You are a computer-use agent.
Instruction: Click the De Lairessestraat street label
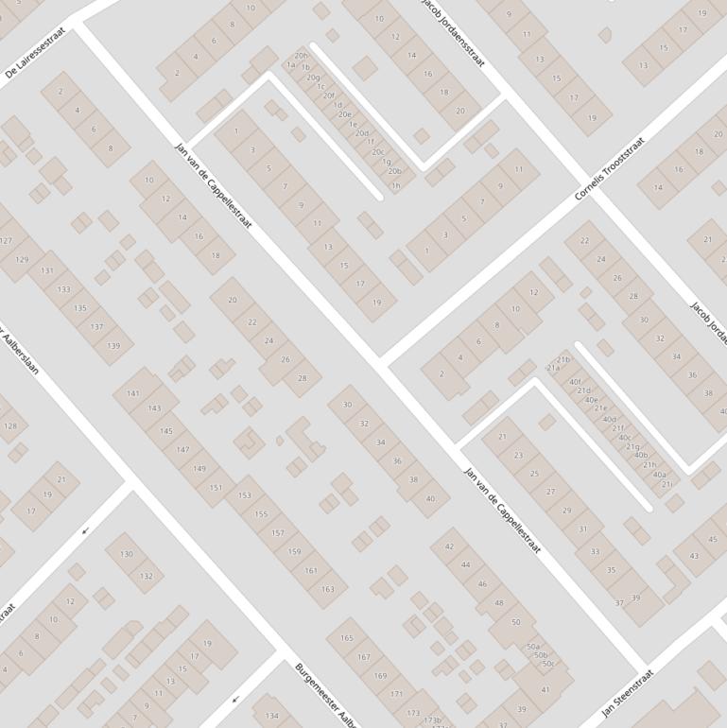pyautogui.click(x=36, y=56)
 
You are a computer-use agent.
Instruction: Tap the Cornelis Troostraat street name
pyautogui.click(x=610, y=169)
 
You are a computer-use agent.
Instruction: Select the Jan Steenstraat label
pyautogui.click(x=628, y=693)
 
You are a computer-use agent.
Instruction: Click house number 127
pyautogui.click(x=6, y=240)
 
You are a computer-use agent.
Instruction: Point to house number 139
pyautogui.click(x=113, y=346)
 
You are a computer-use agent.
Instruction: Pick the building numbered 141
pyautogui.click(x=133, y=393)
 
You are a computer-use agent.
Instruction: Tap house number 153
pyautogui.click(x=245, y=495)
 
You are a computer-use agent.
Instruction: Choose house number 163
pyautogui.click(x=327, y=589)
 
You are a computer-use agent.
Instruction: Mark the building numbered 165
pyautogui.click(x=347, y=638)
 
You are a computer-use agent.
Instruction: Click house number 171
pyautogui.click(x=396, y=694)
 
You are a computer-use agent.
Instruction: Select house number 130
pyautogui.click(x=127, y=554)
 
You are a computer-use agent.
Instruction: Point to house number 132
pyautogui.click(x=146, y=576)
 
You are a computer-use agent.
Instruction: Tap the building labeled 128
pyautogui.click(x=9, y=426)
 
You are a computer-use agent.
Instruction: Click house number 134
pyautogui.click(x=272, y=716)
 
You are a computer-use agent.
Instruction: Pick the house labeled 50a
pyautogui.click(x=533, y=647)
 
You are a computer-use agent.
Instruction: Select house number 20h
pyautogui.click(x=301, y=56)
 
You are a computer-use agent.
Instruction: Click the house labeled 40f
pyautogui.click(x=575, y=383)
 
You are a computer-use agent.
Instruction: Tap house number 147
pyautogui.click(x=182, y=450)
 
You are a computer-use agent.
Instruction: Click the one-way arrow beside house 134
pyautogui.click(x=234, y=700)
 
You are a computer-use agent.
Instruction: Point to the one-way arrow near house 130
pyautogui.click(x=85, y=530)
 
